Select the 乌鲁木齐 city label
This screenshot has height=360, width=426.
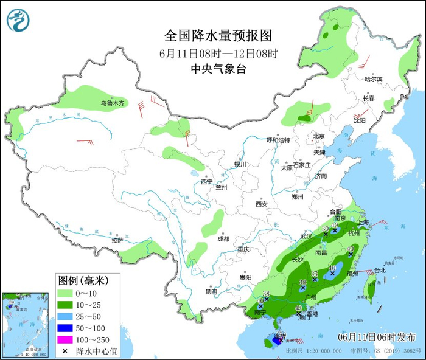113,104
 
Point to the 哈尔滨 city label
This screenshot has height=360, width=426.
373,80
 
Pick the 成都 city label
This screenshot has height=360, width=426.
223,239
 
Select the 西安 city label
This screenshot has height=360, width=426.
262,204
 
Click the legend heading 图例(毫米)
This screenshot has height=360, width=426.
83,281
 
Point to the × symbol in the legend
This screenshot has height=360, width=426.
65,351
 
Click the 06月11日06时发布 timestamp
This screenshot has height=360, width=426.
377,337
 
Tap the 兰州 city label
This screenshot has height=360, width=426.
220,187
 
